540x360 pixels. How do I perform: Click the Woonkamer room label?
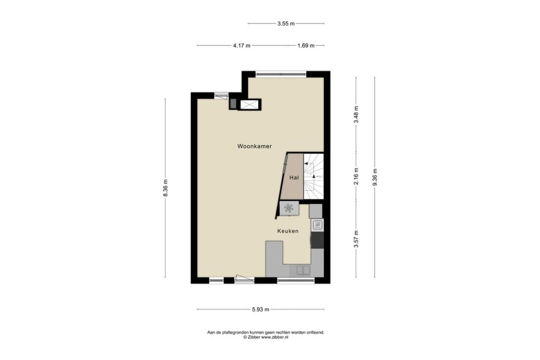click(254, 146)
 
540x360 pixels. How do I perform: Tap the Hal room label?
click(294, 178)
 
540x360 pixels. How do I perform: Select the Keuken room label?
click(288, 231)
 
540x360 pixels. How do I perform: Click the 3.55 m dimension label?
click(286, 24)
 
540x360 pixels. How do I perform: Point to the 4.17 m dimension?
click(242, 45)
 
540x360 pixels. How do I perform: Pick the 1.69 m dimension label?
click(306, 45)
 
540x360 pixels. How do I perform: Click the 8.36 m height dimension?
click(166, 188)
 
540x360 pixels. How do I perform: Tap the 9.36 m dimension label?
click(374, 177)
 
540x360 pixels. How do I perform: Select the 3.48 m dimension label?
click(356, 115)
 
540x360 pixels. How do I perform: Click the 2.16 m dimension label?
click(356, 176)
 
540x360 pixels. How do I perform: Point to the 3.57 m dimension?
click(356, 238)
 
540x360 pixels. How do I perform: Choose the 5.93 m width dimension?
click(261, 309)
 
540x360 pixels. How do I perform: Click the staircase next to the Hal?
click(313, 176)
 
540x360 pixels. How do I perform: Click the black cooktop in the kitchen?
click(318, 240)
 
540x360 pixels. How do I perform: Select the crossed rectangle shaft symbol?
click(249, 104)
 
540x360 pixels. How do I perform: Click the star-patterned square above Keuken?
click(289, 208)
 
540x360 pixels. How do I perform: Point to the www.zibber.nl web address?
click(275, 337)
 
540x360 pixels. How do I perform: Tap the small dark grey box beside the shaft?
click(233, 103)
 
